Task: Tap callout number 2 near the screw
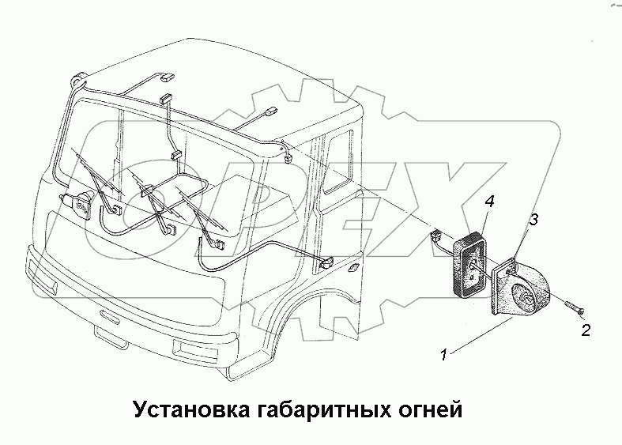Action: (x=585, y=330)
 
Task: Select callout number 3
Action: (x=534, y=221)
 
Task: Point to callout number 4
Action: (x=490, y=203)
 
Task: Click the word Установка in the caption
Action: (x=187, y=410)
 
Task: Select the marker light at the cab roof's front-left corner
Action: (x=77, y=77)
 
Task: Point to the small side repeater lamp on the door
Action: (x=352, y=270)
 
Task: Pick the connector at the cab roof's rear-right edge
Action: (x=287, y=154)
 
